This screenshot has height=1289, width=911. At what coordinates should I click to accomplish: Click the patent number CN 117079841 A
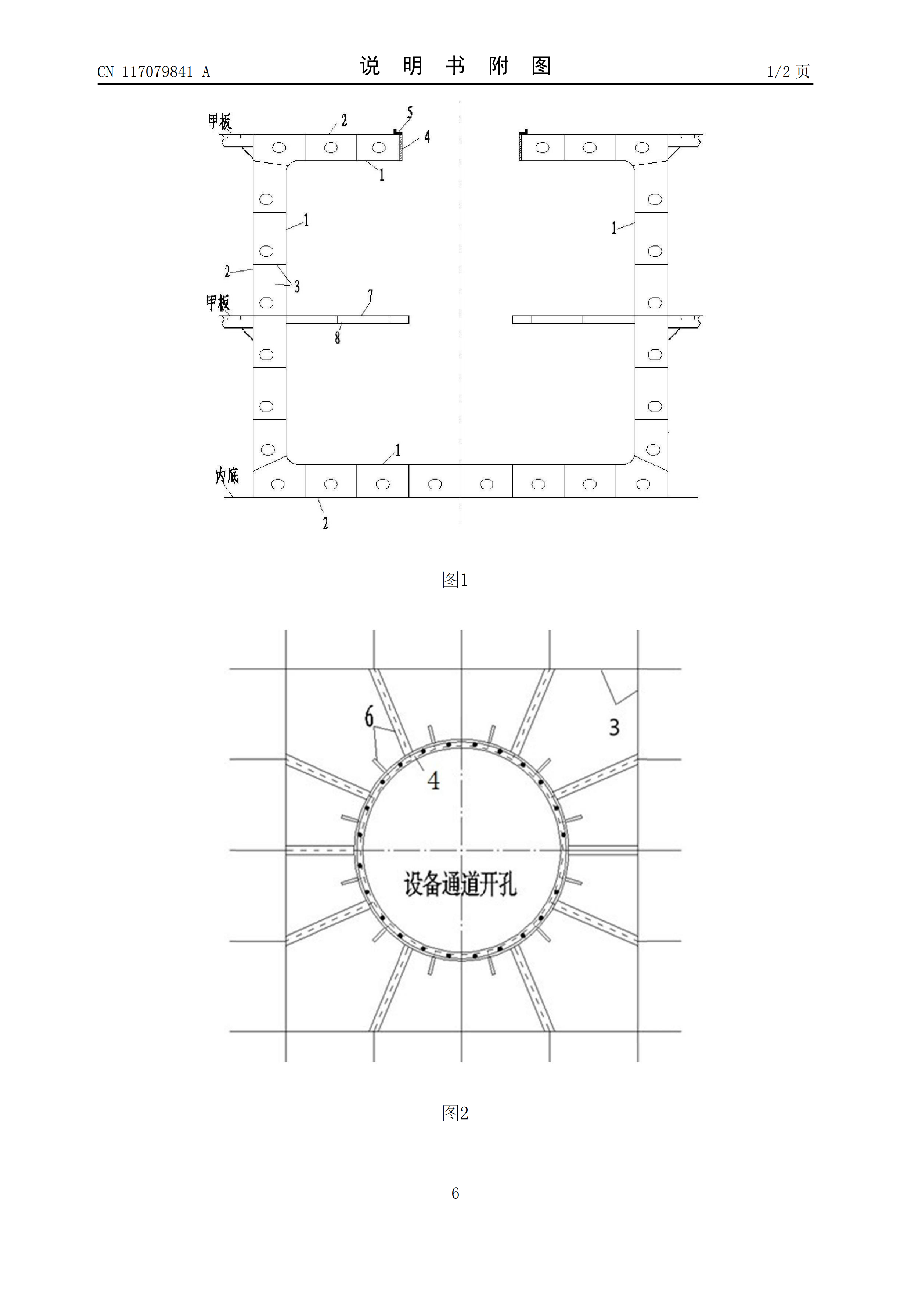[x=153, y=72]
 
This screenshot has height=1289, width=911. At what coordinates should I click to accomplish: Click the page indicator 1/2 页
[x=788, y=71]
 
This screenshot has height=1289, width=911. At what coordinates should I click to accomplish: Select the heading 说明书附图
[x=455, y=66]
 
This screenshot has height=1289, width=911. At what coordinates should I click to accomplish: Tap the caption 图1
[x=455, y=579]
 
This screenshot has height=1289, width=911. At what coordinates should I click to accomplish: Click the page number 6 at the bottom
[x=455, y=1193]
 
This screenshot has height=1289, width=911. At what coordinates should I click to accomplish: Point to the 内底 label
[x=227, y=476]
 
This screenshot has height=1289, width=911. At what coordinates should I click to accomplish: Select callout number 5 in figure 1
[x=410, y=113]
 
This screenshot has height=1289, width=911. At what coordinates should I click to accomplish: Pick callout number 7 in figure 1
[x=370, y=295]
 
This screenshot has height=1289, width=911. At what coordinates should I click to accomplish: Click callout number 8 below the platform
[x=337, y=337]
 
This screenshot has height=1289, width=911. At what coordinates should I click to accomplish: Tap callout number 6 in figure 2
[x=369, y=717]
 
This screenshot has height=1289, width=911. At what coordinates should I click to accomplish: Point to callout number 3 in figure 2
[x=614, y=727]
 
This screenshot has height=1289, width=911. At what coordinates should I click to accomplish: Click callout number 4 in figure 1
[x=427, y=136]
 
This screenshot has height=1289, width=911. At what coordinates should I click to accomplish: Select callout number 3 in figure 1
[x=297, y=286]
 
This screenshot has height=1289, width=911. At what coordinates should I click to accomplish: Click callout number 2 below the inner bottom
[x=325, y=523]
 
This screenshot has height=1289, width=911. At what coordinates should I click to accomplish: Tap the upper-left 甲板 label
[x=219, y=121]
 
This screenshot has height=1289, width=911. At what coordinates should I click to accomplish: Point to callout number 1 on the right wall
[x=614, y=228]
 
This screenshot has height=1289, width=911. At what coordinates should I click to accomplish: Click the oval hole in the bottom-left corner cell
[x=278, y=484]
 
